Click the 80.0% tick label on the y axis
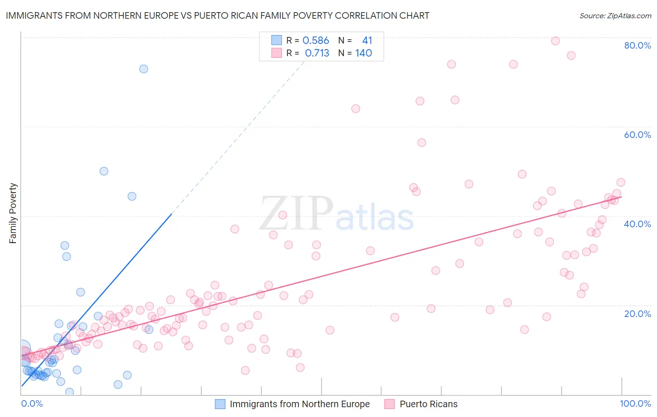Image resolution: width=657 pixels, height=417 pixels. click(x=637, y=45)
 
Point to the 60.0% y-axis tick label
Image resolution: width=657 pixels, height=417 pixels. click(x=637, y=135)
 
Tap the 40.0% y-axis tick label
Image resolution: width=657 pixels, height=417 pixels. click(x=637, y=224)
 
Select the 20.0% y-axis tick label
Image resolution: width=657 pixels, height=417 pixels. click(x=637, y=314)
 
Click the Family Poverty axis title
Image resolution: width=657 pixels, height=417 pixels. click(x=13, y=213)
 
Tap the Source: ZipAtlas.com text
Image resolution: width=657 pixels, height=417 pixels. click(x=615, y=15)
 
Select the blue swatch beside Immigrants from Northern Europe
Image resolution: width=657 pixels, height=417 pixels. click(x=220, y=404)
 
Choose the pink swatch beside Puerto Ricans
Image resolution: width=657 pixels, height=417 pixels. click(x=390, y=404)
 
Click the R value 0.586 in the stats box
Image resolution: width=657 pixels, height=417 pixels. click(x=316, y=41)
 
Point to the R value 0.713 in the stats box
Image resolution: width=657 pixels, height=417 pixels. click(x=317, y=53)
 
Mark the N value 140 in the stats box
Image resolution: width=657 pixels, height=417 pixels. click(x=364, y=53)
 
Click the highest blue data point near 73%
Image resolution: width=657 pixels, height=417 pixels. click(x=143, y=69)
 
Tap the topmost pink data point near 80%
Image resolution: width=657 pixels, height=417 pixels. click(x=555, y=41)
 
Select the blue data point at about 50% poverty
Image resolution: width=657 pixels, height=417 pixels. click(x=104, y=171)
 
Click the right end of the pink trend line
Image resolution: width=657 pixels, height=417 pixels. click(x=621, y=197)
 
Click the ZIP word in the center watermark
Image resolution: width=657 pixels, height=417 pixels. click(x=297, y=214)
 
